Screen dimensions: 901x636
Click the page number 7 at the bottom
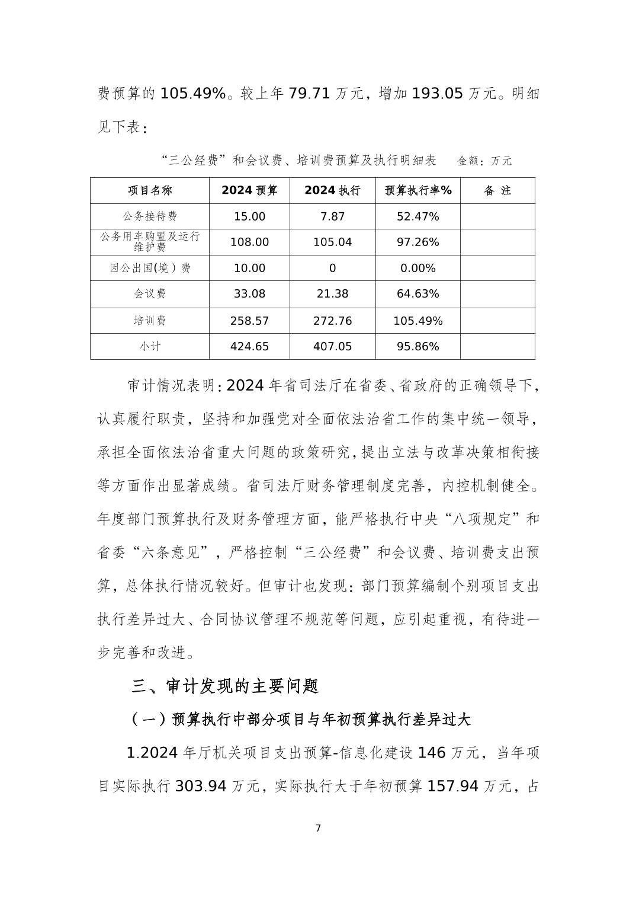coord(318,828)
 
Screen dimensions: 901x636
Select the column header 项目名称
coord(150,191)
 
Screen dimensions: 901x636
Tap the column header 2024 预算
coord(249,191)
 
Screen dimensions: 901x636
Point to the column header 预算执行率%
coord(418,191)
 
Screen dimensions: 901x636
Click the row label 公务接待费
coord(150,217)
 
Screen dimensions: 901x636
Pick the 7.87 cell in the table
coord(332,217)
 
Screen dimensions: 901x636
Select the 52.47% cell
coord(418,217)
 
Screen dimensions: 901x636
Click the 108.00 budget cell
coord(249,242)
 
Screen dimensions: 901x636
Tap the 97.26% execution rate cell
coord(418,242)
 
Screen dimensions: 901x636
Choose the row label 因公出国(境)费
coord(150,269)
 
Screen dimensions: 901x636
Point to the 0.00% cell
coord(418,269)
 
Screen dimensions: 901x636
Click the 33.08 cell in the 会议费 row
coord(249,294)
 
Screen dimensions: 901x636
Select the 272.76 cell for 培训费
coord(332,321)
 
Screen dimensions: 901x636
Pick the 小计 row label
coord(150,347)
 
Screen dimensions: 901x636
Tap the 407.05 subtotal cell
coord(332,347)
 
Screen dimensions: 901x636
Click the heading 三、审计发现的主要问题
coord(225,686)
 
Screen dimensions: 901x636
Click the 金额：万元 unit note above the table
coord(484,161)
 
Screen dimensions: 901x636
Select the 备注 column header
coord(497,191)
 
